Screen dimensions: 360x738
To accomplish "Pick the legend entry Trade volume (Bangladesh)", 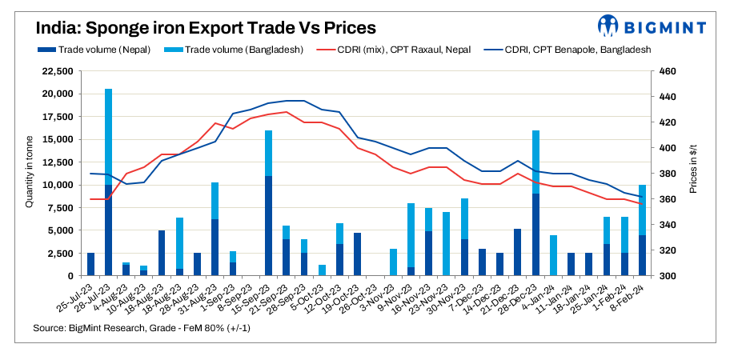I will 232,50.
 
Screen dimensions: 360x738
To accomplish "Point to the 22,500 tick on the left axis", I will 60,71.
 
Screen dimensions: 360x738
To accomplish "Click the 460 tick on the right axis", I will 669,71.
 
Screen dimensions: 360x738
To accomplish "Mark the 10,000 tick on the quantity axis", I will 60,185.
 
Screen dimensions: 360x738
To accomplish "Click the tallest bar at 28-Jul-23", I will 108,184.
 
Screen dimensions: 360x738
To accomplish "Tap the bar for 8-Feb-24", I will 642,232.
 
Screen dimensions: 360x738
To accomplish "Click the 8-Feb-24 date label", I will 632,297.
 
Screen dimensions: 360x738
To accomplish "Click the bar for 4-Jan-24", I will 553,256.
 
